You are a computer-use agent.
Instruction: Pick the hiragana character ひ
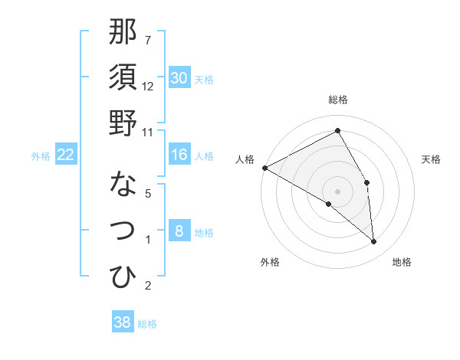(x=123, y=276)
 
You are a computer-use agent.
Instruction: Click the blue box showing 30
(x=179, y=77)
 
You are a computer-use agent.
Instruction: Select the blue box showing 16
(x=179, y=155)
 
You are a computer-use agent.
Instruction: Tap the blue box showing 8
(x=179, y=231)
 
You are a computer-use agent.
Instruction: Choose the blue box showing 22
(x=65, y=155)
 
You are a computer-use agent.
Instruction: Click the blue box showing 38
(x=123, y=322)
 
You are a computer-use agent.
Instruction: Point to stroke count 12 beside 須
(x=148, y=86)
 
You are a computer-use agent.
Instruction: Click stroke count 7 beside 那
(x=148, y=39)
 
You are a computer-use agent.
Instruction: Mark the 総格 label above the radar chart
(x=337, y=100)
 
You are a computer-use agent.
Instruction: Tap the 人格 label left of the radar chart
(x=245, y=159)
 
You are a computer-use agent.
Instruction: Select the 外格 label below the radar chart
(x=269, y=262)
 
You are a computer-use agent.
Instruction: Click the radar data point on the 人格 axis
(x=264, y=167)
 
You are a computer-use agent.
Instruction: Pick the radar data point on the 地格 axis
(x=373, y=241)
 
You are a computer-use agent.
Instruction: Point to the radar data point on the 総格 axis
(x=337, y=130)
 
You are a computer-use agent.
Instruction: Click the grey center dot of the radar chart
(x=337, y=191)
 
